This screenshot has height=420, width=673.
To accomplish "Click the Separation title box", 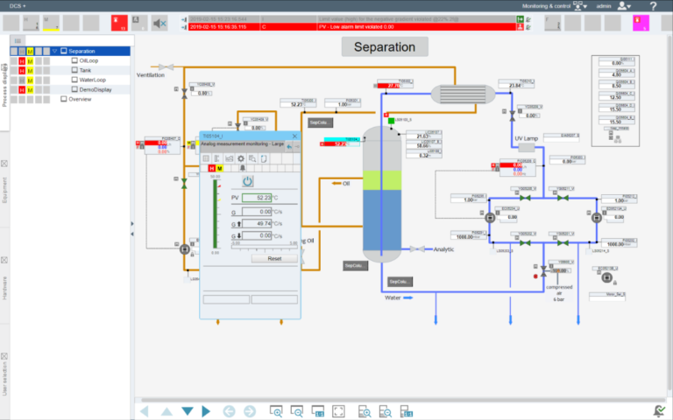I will coord(385,46).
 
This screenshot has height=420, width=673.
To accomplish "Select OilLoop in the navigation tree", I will coord(89,60).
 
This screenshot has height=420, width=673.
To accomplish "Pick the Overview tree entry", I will coord(80,99).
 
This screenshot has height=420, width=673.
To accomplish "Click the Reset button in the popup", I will coord(273,259).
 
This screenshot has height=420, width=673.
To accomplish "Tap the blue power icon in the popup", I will coord(248,181).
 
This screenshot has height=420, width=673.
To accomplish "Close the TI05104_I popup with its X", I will coord(294,136).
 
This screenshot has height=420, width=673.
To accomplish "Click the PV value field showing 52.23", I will coord(258,198).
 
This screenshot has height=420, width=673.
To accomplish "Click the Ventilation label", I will coord(151,75).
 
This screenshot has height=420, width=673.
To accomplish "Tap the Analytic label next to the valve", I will coord(444,249).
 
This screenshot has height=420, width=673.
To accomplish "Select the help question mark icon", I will coord(653,6).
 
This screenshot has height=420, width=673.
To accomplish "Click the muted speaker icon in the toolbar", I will coord(159,24).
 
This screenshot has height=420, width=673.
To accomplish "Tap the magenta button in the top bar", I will coord(640,24).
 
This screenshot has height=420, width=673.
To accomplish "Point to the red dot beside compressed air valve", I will coord(536,276).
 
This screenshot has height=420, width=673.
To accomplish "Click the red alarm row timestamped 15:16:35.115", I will coord(351,27).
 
